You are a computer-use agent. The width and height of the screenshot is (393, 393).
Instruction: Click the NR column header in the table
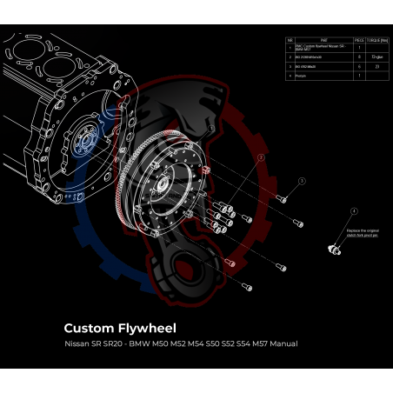point(290,39)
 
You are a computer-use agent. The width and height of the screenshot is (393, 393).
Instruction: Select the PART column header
point(323,39)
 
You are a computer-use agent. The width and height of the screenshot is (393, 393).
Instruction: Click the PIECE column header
point(359,39)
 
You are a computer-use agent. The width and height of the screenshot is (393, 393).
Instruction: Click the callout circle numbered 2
point(260,157)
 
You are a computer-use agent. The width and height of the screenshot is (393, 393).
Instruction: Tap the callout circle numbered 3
point(302,180)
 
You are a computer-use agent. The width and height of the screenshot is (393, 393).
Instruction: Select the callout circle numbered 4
point(354,211)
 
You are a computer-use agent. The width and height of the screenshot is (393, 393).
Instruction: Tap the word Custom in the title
point(89,329)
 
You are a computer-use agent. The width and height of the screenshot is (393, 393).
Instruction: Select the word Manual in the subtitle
point(283,344)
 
